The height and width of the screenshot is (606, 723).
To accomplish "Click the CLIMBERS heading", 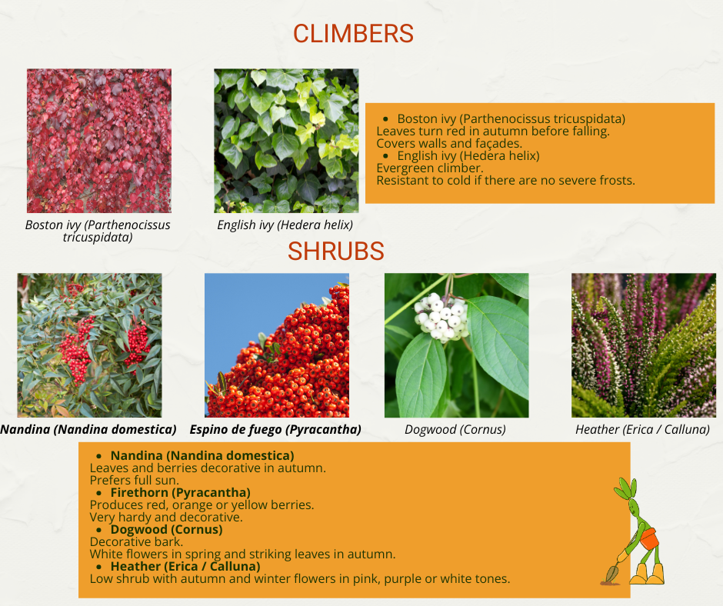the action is [x=353, y=34].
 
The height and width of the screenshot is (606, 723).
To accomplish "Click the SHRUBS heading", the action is [x=335, y=251].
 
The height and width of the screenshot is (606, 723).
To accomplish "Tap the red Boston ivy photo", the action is [x=99, y=141].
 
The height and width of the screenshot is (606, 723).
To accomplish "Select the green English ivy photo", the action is [x=286, y=141].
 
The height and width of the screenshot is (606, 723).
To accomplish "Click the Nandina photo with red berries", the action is [x=89, y=345].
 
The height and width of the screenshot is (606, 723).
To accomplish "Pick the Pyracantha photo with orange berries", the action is [x=277, y=345].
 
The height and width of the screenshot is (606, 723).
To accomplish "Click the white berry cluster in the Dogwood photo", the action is [x=441, y=318].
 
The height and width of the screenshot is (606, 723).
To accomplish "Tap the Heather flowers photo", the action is [x=644, y=345].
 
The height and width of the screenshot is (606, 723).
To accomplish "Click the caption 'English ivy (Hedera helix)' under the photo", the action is [x=285, y=225].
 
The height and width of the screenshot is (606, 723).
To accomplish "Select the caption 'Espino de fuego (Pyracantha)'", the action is [x=275, y=429].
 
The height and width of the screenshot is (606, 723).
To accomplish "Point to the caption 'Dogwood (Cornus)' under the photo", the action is [x=455, y=429].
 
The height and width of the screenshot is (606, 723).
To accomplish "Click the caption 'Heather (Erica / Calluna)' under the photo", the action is [x=642, y=429].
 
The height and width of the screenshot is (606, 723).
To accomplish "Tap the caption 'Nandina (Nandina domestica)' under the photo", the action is [x=88, y=429].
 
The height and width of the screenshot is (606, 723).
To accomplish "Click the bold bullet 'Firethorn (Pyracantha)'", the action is [x=180, y=492].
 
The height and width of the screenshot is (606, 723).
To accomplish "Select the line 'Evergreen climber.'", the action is [x=430, y=168].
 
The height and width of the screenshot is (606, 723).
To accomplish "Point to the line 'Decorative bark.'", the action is [x=136, y=541].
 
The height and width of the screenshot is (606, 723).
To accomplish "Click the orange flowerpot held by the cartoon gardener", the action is [x=648, y=538].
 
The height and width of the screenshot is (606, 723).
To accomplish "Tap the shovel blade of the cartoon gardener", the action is [x=612, y=574].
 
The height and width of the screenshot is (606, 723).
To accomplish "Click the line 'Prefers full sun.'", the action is [x=134, y=480].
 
